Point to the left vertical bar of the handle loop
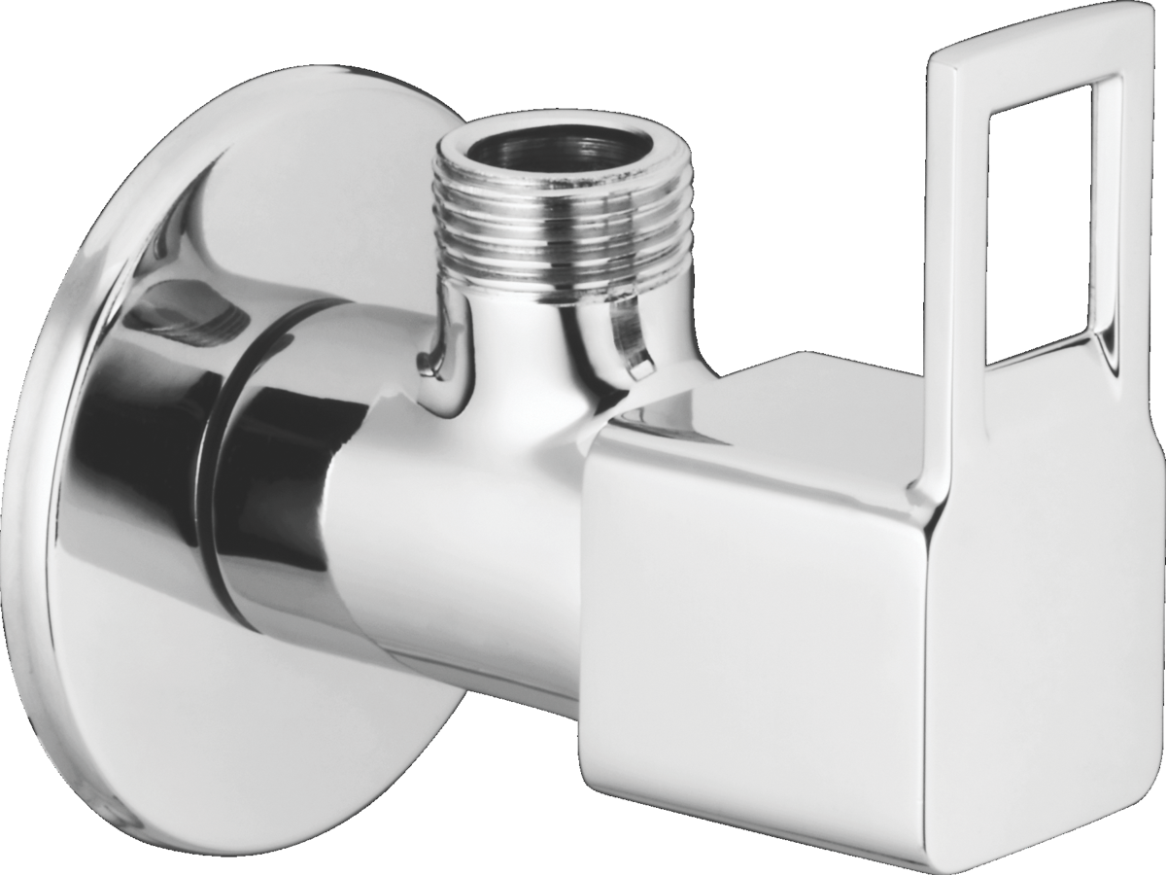957,243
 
